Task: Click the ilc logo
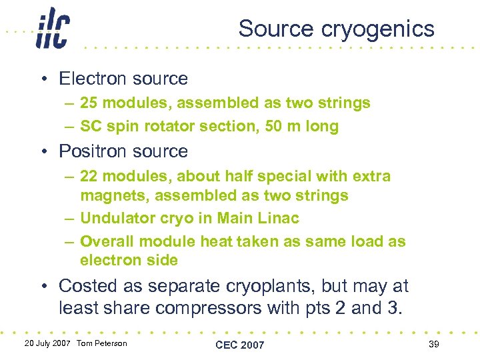[52, 28]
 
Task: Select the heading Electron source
[123, 79]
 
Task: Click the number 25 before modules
[89, 103]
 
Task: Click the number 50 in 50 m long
[274, 126]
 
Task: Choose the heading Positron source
[123, 151]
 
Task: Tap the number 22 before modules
[89, 177]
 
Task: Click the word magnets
[109, 196]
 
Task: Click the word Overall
[107, 241]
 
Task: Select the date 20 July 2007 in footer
[47, 343]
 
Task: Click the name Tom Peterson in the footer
[101, 343]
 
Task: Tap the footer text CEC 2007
[239, 345]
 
